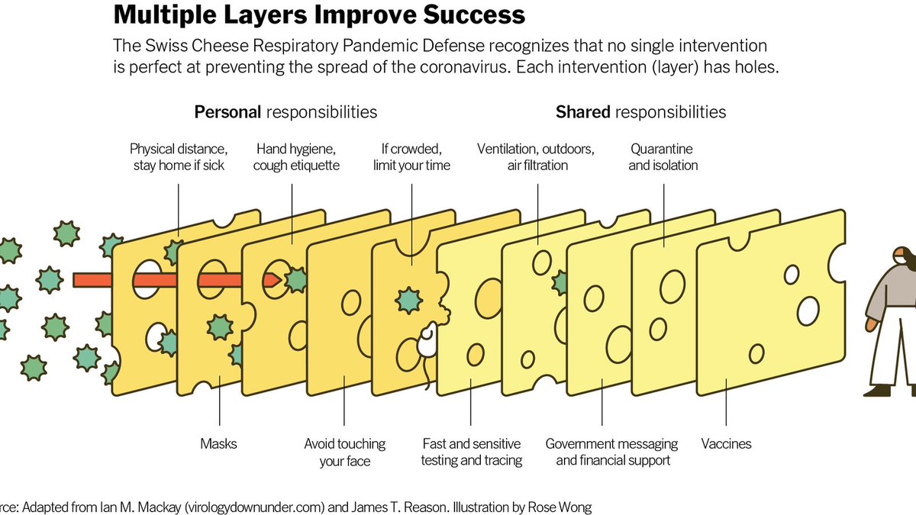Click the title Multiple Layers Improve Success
[319, 14]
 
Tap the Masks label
[219, 443]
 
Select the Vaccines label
[726, 443]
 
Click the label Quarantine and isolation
[663, 156]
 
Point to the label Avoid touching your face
[344, 452]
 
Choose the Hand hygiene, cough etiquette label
[296, 156]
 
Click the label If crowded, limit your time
[411, 156]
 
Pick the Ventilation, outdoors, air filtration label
[536, 156]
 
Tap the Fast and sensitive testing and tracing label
[472, 452]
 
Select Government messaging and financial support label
[611, 452]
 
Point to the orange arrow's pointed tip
[276, 280]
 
